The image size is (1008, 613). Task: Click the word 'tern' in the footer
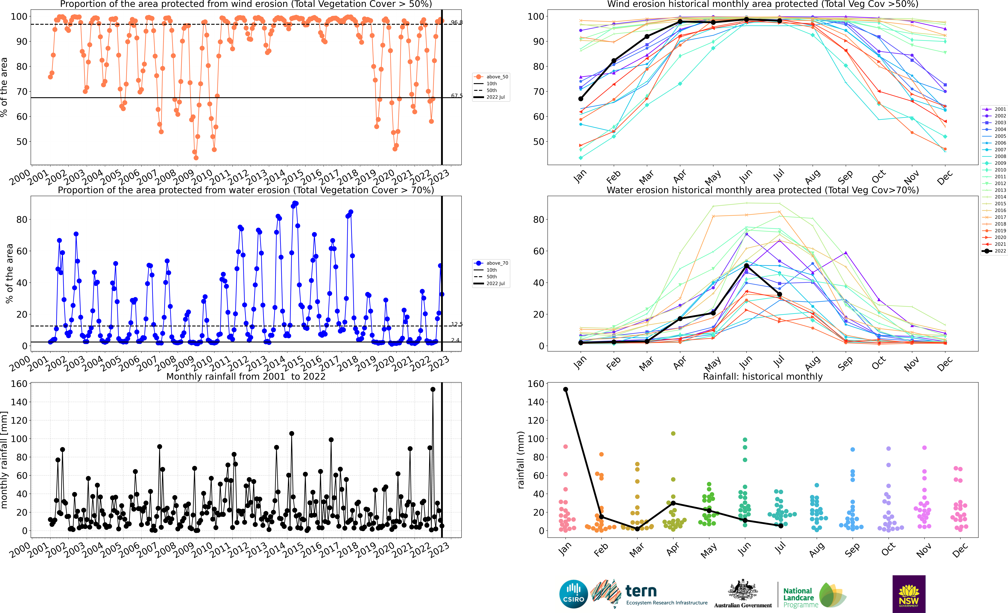pyautogui.click(x=641, y=591)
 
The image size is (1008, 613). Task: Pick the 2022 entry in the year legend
pyautogui.click(x=994, y=251)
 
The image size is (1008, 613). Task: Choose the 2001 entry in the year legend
pyautogui.click(x=994, y=109)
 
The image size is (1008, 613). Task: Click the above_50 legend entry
pyautogui.click(x=491, y=77)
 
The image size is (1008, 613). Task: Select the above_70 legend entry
pyautogui.click(x=491, y=263)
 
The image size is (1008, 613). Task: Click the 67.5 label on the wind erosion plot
pyautogui.click(x=457, y=96)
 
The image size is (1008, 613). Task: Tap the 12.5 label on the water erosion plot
pyautogui.click(x=457, y=324)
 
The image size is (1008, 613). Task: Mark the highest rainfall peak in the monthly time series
pyautogui.click(x=433, y=390)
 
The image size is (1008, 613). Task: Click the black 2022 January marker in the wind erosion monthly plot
pyautogui.click(x=581, y=99)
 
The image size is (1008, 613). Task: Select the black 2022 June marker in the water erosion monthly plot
pyautogui.click(x=746, y=266)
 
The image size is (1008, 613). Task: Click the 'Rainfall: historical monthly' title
pyautogui.click(x=763, y=376)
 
